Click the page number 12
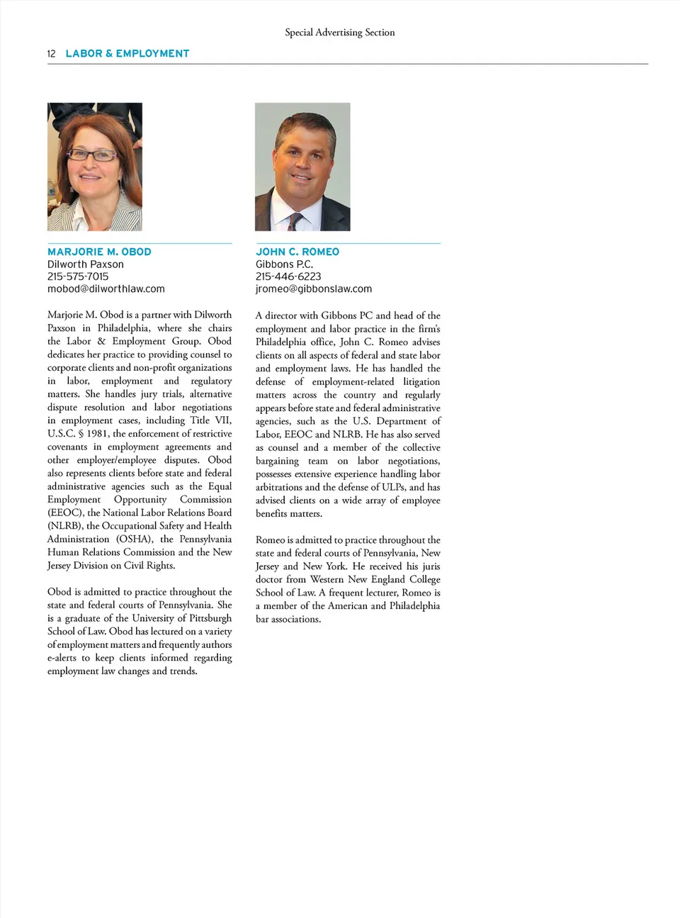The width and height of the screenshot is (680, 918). click(x=51, y=54)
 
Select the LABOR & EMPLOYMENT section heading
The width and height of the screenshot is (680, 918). click(x=127, y=53)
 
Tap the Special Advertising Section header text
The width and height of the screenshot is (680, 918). click(x=339, y=33)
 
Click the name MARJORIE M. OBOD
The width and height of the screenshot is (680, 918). click(x=99, y=252)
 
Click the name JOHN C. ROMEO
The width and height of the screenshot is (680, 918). click(x=297, y=252)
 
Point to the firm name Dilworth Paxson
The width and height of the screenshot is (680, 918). click(x=86, y=264)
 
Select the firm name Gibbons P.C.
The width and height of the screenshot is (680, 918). click(x=284, y=264)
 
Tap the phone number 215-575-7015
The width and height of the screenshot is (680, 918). click(x=78, y=276)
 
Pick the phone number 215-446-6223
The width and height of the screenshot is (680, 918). click(x=288, y=276)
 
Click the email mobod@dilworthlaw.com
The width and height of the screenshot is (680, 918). click(x=106, y=289)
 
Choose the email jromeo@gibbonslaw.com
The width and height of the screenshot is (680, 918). click(x=314, y=289)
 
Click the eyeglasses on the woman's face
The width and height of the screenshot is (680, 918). click(x=93, y=155)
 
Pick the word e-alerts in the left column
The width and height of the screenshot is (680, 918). click(x=62, y=658)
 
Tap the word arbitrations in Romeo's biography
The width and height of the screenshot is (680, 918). click(x=279, y=487)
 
